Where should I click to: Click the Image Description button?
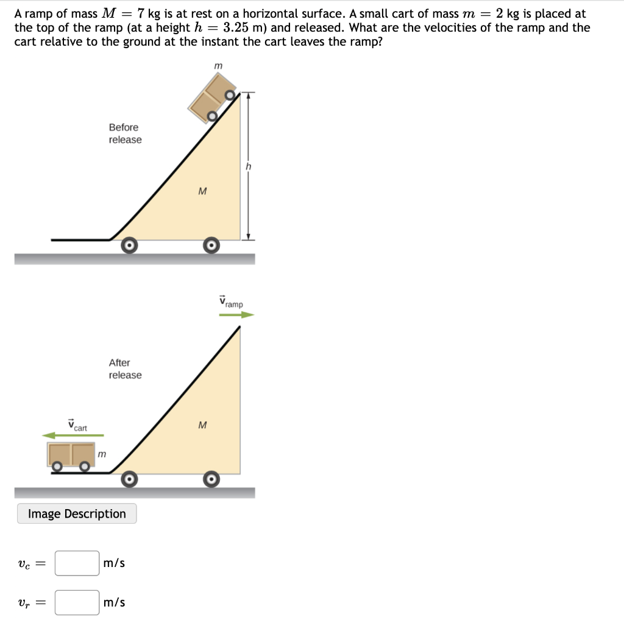(77, 513)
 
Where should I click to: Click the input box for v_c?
(77, 563)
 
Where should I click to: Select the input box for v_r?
(77, 603)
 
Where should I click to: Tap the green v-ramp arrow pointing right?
(236, 315)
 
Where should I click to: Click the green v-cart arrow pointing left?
(73, 435)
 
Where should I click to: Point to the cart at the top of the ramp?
(211, 99)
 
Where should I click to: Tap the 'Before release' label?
(125, 133)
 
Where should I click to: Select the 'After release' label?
(125, 369)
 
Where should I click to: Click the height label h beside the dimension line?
(249, 166)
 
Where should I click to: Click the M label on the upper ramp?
(202, 191)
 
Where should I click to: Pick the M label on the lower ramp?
(202, 424)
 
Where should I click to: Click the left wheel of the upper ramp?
(129, 245)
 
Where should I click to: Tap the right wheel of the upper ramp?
(211, 245)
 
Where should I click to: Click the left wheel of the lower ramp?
(129, 479)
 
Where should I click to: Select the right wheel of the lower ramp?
(211, 479)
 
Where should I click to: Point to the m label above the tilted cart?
(218, 65)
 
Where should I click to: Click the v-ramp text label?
(231, 301)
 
